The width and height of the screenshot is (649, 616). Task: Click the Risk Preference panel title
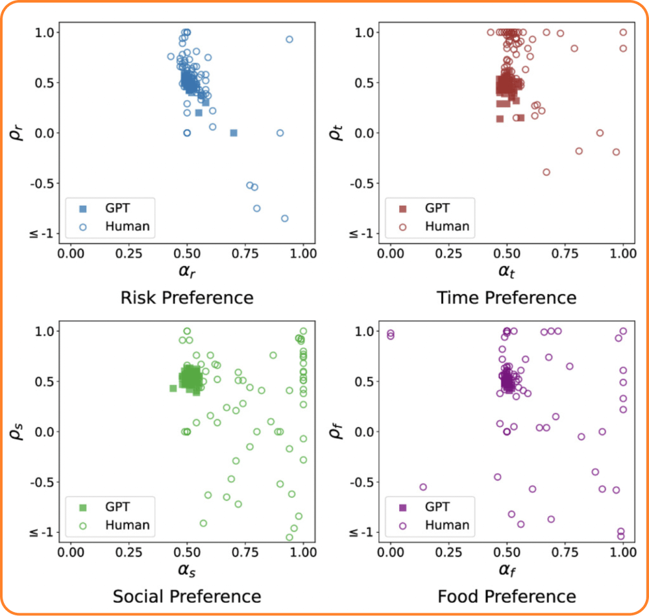[187, 298]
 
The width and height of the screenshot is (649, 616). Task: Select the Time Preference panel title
[506, 298]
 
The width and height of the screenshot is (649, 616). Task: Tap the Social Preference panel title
[187, 597]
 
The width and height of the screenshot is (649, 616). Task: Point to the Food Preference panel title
[506, 597]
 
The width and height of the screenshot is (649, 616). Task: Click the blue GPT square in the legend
[82, 209]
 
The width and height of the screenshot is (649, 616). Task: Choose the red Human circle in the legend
[402, 227]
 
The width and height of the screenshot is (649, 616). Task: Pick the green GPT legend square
[82, 508]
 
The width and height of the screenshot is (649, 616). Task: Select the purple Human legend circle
[402, 525]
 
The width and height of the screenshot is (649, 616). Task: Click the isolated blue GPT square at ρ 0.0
[234, 132]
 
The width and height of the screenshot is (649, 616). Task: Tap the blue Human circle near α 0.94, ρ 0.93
[289, 39]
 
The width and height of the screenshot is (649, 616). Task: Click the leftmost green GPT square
[173, 388]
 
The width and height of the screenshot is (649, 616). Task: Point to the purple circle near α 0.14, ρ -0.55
[423, 487]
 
